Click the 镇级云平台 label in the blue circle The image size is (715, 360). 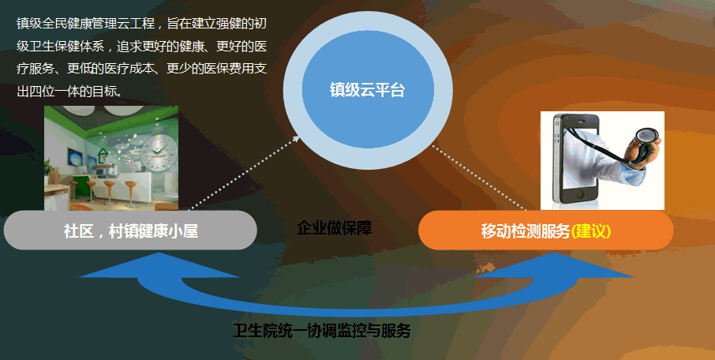[367, 90]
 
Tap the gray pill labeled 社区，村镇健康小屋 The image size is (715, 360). [130, 231]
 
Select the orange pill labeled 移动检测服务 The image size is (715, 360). [546, 231]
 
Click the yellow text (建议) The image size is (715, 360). [590, 231]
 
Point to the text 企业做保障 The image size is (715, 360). [335, 227]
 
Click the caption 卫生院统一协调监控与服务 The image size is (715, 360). [321, 331]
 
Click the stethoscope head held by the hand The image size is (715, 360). [647, 137]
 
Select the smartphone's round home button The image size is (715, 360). [579, 195]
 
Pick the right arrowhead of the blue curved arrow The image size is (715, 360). [555, 268]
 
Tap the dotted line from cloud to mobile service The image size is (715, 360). [479, 178]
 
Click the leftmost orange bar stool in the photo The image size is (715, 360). [74, 190]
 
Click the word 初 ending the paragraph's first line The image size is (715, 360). [260, 24]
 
